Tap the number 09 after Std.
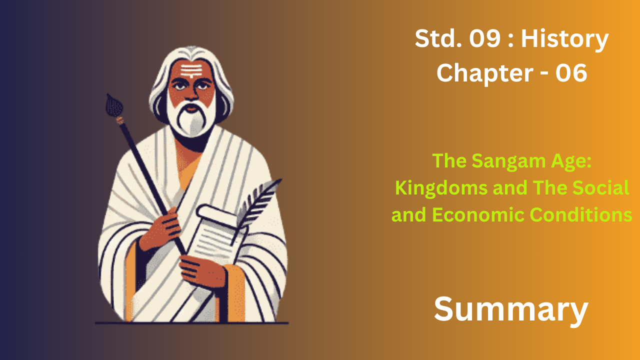click(485, 38)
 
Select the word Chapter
click(485, 73)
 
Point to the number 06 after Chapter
click(571, 73)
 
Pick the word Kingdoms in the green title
click(441, 188)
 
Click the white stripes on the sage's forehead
click(191, 70)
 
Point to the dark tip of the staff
click(114, 105)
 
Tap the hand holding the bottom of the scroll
click(202, 271)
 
